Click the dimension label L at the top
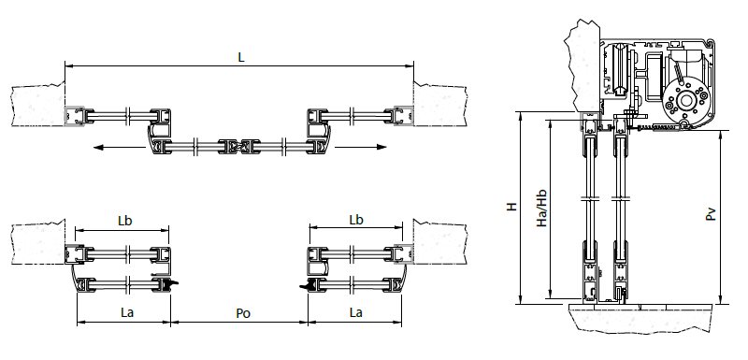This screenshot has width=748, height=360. pyautogui.click(x=241, y=58)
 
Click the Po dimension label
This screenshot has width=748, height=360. pyautogui.click(x=243, y=313)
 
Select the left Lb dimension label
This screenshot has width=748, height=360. pyautogui.click(x=125, y=221)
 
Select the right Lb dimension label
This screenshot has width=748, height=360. pyautogui.click(x=356, y=220)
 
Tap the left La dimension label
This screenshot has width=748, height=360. pyautogui.click(x=127, y=313)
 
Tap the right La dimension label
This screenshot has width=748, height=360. pyautogui.click(x=356, y=313)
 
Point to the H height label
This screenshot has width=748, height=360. pyautogui.click(x=511, y=207)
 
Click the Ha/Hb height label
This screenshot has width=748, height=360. pyautogui.click(x=541, y=208)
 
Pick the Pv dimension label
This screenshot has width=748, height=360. pyautogui.click(x=711, y=213)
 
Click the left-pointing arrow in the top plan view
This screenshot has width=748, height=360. pyautogui.click(x=120, y=148)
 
